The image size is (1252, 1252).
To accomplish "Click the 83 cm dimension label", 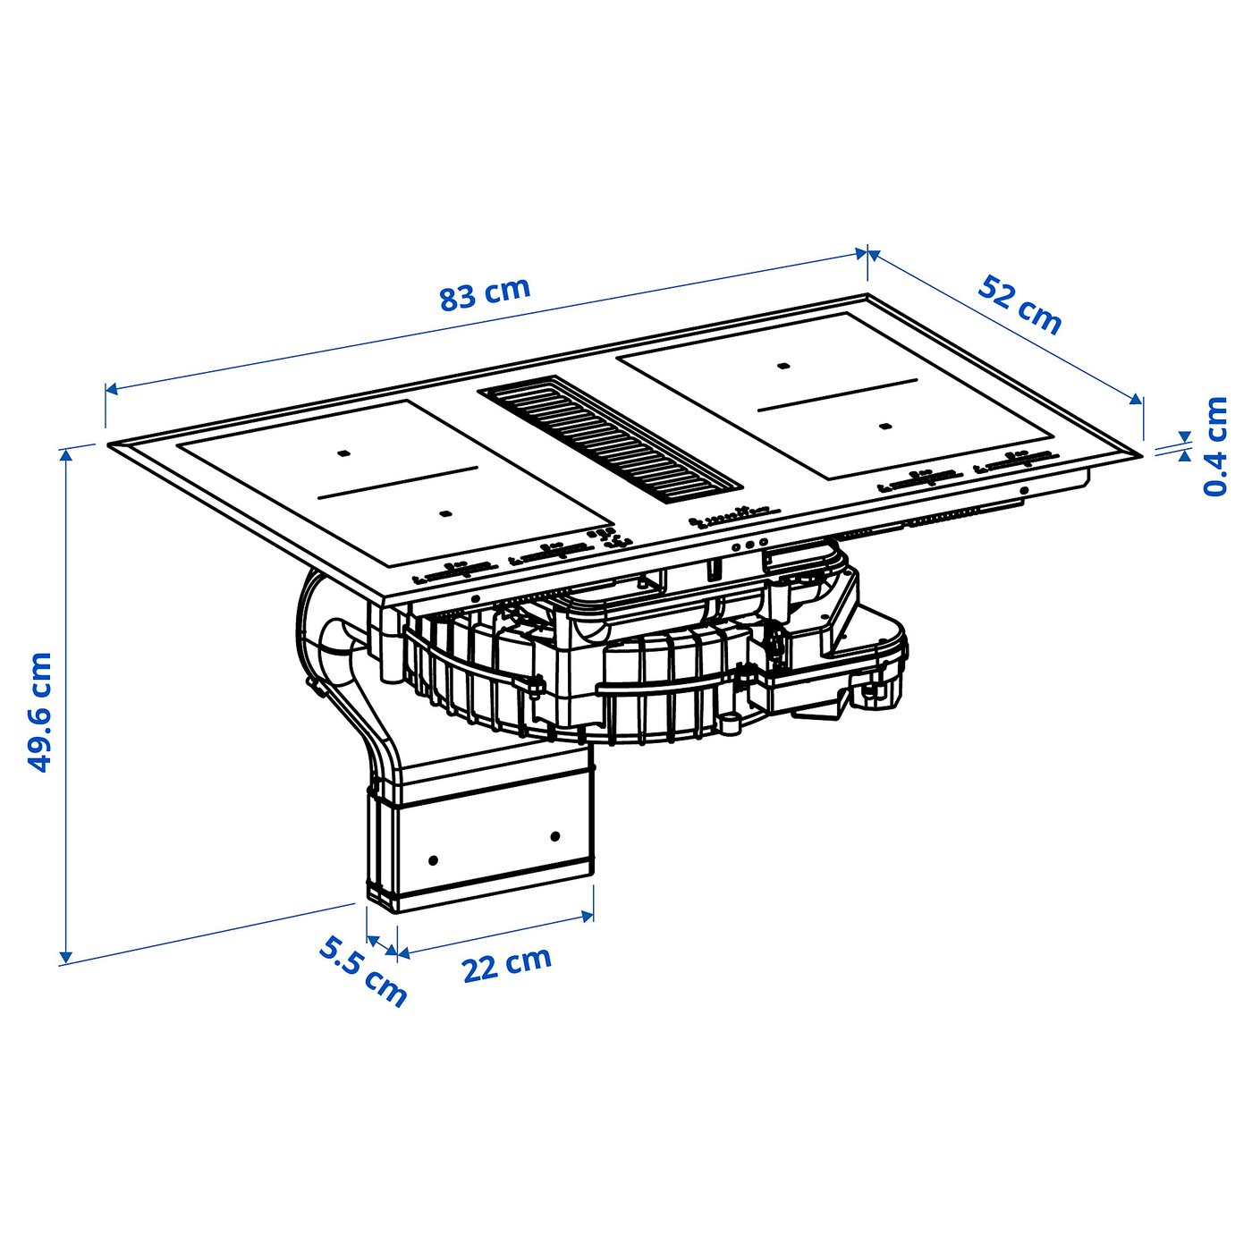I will tap(485, 293).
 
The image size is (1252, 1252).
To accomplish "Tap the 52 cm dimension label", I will tap(1019, 305).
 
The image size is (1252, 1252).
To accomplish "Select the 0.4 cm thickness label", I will tap(1216, 446).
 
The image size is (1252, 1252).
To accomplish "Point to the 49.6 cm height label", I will tap(39, 713).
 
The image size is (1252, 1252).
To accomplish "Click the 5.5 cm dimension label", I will tap(363, 970).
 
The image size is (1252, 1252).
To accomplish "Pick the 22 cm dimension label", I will tap(506, 964).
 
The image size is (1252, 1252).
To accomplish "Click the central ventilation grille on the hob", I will tap(611, 441).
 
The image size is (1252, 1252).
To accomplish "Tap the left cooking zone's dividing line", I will tap(396, 483).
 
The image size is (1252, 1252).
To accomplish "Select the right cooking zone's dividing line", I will tap(838, 394).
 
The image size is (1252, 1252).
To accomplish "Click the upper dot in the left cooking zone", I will tap(343, 454).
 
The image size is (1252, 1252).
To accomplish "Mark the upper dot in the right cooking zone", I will tap(783, 367).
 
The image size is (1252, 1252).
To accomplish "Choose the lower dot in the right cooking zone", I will tap(884, 427).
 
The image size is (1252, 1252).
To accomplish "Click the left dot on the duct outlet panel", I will tap(434, 860).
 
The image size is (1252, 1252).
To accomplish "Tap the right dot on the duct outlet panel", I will tap(555, 836).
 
